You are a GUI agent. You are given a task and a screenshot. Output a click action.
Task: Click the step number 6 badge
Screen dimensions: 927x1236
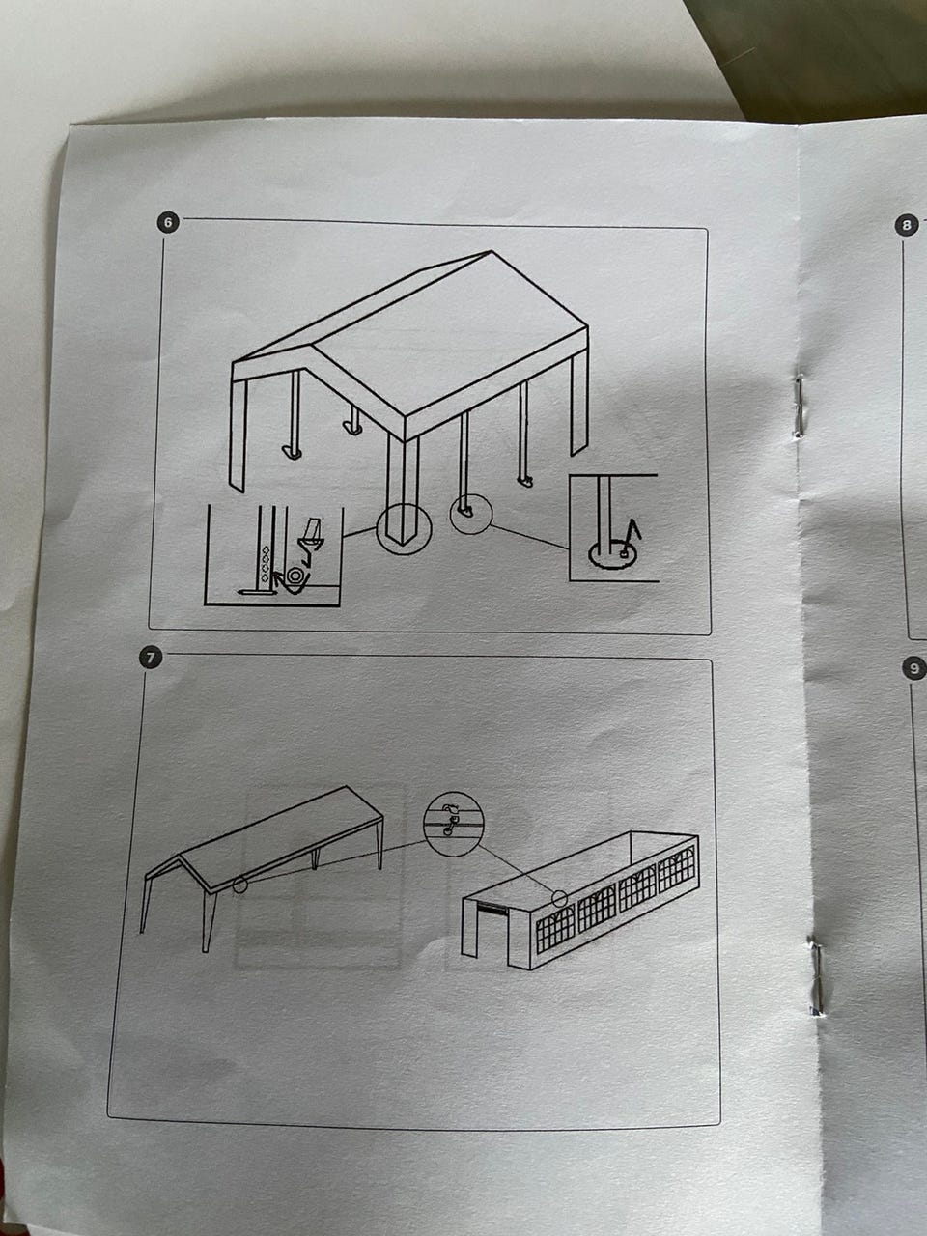coord(168,222)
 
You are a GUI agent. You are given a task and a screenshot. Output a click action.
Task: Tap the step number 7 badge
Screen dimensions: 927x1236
coord(150,658)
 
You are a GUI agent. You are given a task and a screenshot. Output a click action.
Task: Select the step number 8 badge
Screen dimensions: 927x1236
coord(906,226)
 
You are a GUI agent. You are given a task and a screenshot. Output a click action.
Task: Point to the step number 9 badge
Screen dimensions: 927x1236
coord(914,668)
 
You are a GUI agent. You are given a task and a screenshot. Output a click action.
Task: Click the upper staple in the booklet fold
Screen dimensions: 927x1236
coord(799,407)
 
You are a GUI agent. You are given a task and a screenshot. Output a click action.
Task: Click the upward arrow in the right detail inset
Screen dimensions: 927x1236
coord(633,533)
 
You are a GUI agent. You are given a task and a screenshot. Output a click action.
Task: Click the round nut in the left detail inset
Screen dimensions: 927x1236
coord(295,576)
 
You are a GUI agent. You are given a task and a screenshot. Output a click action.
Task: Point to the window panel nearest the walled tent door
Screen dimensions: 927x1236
coord(555,932)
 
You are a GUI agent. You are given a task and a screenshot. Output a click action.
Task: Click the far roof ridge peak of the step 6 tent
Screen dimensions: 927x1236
coord(492,252)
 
